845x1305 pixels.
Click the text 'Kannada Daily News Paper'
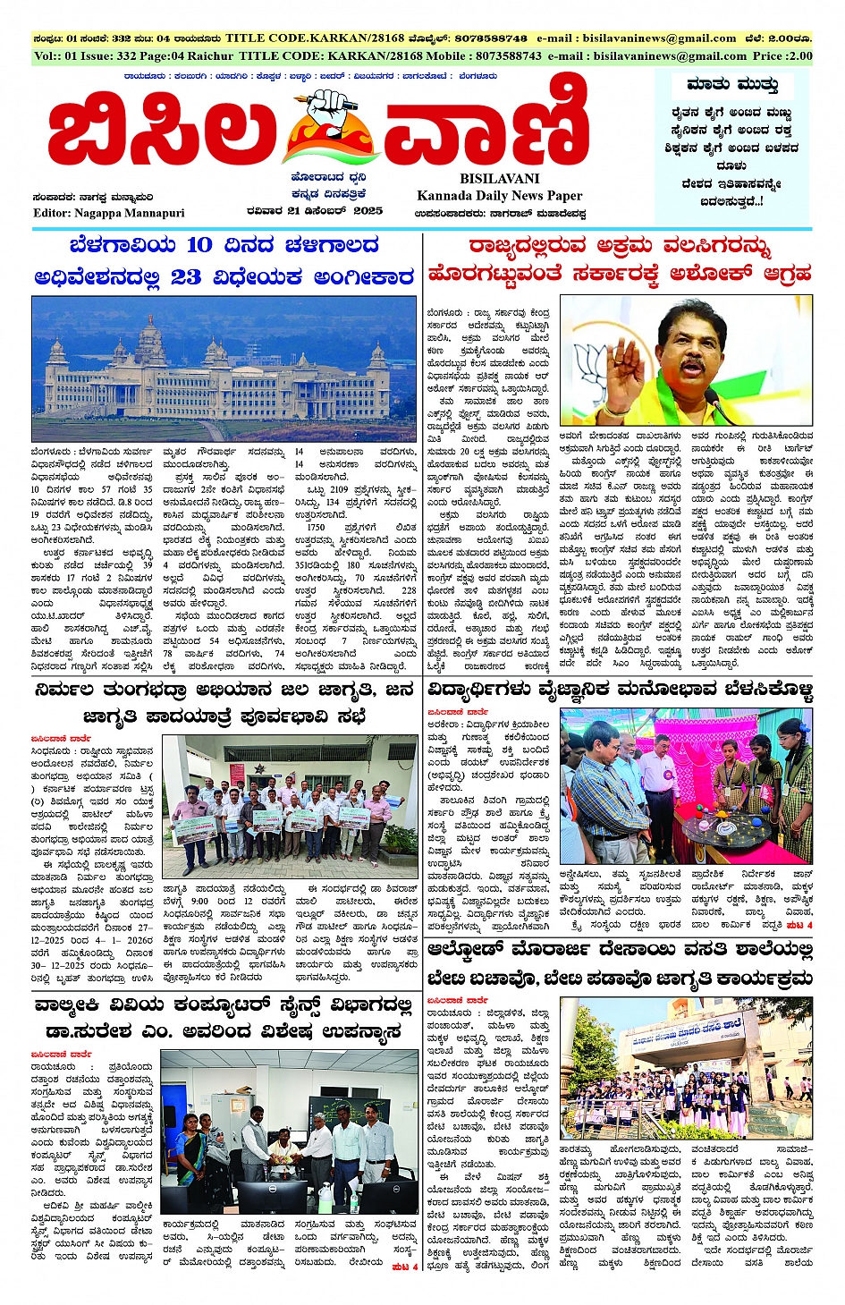pyautogui.click(x=499, y=195)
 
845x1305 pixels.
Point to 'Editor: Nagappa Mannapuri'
pyautogui.click(x=108, y=213)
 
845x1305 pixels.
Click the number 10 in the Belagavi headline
pyautogui.click(x=199, y=245)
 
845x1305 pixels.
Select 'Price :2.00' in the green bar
pyautogui.click(x=782, y=55)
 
